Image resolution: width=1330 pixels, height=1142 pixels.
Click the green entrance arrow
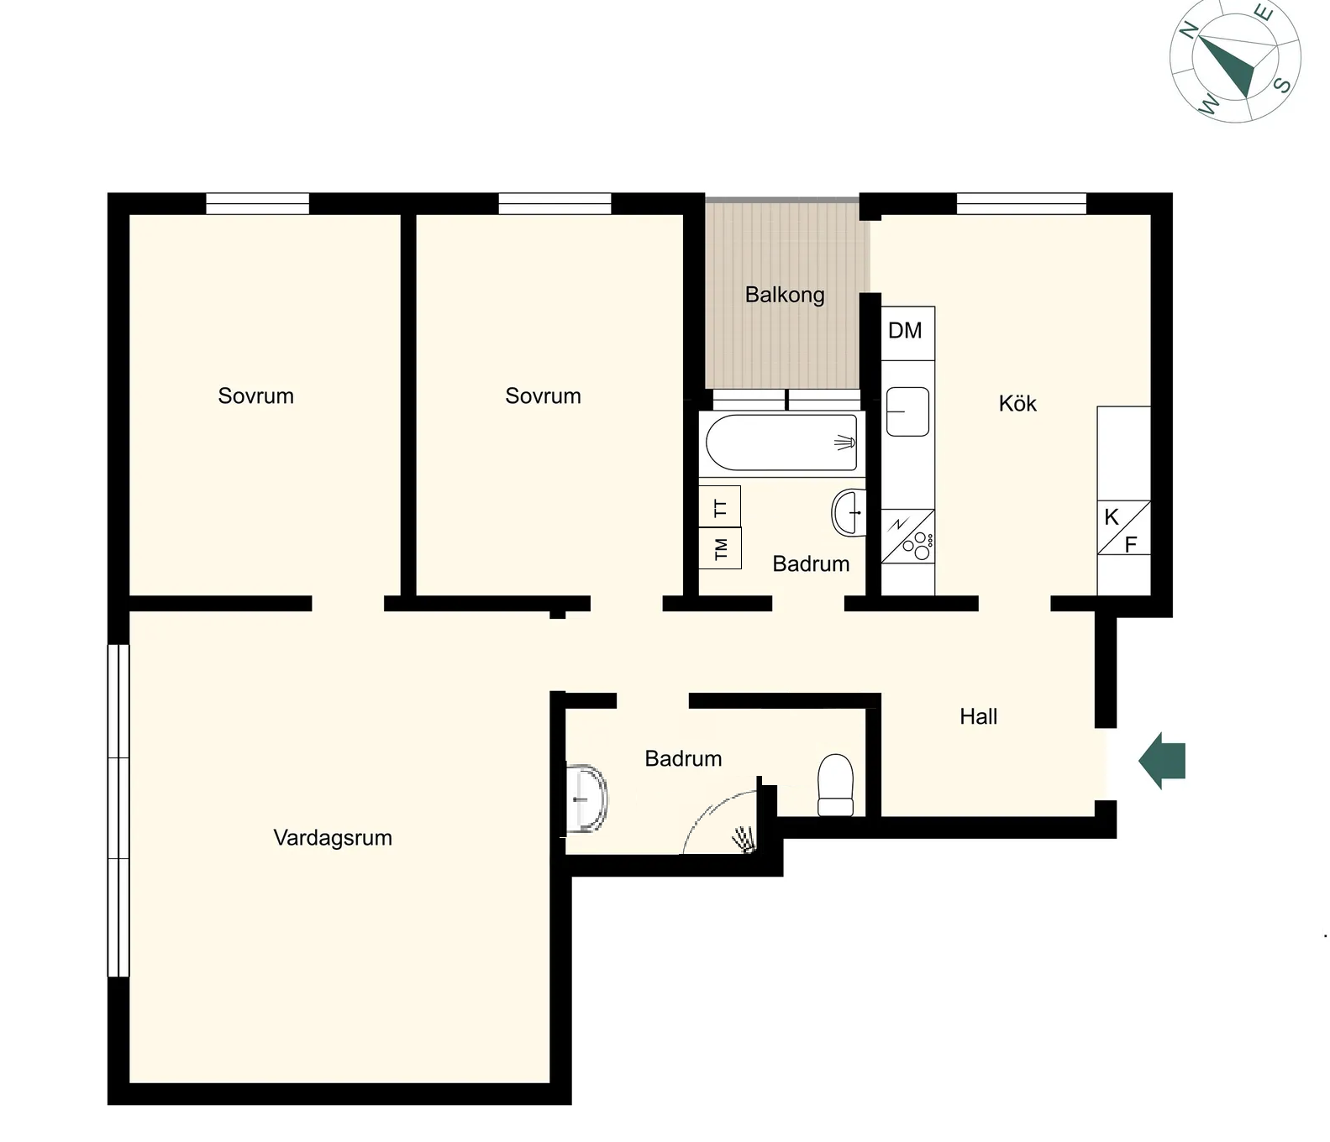1162,761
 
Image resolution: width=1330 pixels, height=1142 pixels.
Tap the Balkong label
785,295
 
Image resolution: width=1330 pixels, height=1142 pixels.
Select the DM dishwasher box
907,333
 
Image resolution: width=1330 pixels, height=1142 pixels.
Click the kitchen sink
907,411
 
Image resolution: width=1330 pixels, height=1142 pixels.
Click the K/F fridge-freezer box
1123,528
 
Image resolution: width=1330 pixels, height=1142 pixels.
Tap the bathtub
781,442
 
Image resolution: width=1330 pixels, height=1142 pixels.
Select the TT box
720,506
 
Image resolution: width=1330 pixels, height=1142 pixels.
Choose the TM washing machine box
720,548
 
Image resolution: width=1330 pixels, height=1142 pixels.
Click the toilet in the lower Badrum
835,784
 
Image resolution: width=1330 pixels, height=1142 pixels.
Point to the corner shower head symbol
744,839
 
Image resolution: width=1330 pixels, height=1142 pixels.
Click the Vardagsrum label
333,838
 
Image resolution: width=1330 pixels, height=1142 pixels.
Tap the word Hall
979,716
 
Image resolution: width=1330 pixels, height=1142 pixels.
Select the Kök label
1017,403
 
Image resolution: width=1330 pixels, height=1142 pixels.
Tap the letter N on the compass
1189,31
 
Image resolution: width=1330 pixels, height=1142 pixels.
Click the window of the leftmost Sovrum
258,203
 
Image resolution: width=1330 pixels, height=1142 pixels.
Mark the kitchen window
1022,203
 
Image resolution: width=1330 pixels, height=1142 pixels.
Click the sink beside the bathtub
849,512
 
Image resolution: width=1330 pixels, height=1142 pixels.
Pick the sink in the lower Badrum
587,799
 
